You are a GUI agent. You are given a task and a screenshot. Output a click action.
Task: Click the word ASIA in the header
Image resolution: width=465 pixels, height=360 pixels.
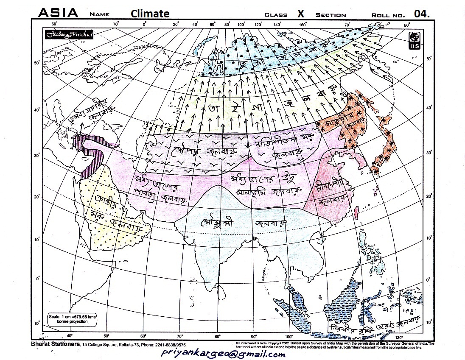(x=58, y=13)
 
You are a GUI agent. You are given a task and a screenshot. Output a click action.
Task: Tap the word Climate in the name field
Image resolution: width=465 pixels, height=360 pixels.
(x=150, y=14)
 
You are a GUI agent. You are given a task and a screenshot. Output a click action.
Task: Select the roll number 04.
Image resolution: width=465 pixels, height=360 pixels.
(x=422, y=14)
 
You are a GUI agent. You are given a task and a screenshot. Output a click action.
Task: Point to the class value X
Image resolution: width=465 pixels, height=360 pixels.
(x=300, y=14)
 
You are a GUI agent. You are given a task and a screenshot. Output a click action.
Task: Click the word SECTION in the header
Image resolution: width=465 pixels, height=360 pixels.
(x=331, y=15)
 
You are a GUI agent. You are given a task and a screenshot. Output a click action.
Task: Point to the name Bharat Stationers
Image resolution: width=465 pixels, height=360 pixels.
(x=55, y=344)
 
